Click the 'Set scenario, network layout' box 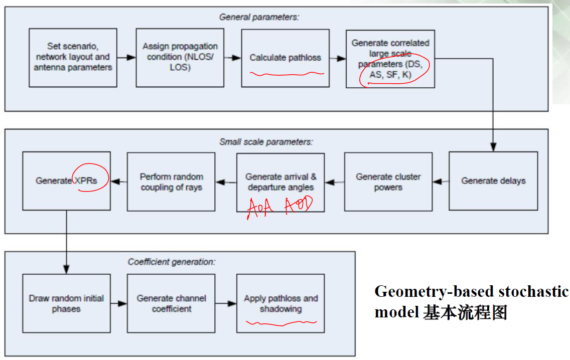click(73, 58)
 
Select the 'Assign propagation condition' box click(180, 58)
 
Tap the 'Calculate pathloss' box click(285, 58)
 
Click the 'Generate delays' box click(493, 181)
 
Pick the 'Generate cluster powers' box click(388, 182)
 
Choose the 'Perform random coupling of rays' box click(171, 182)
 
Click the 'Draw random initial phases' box click(66, 303)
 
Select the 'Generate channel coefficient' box click(171, 303)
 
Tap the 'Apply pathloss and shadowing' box click(280, 303)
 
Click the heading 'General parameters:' click(259, 17)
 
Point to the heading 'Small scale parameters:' click(266, 142)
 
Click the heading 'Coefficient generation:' click(172, 262)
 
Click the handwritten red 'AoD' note click(299, 206)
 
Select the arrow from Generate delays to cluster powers click(440, 181)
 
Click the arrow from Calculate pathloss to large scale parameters click(338, 58)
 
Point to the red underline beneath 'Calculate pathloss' click(287, 74)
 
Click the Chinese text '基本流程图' click(465, 313)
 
